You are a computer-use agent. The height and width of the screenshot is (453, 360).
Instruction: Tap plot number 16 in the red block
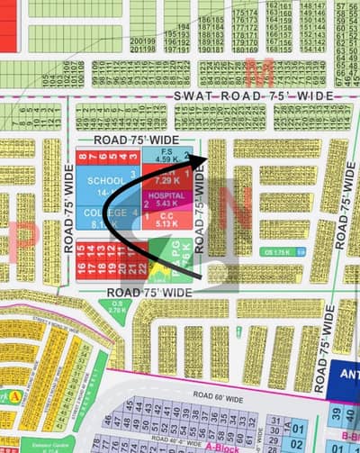[82, 268]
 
